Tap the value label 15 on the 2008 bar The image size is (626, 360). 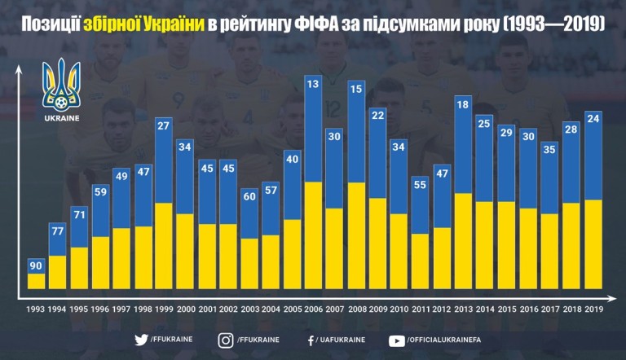[355, 88]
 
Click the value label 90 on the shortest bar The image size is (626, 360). [37, 266]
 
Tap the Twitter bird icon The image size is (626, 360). [140, 340]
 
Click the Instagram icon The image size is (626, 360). [226, 340]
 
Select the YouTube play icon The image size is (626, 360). [397, 340]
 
